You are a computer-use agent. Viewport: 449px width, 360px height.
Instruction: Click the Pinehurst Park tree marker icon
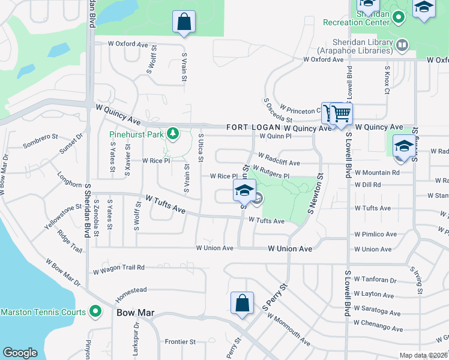(x=173, y=133)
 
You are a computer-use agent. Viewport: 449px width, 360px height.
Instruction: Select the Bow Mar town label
(x=131, y=313)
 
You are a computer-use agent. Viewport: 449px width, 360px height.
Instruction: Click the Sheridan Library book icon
(x=402, y=44)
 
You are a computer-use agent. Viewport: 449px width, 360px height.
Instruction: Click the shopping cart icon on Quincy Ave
(x=340, y=112)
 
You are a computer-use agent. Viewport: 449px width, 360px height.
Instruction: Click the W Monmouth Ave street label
(x=288, y=330)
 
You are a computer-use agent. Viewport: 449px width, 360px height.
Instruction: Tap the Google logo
(x=20, y=353)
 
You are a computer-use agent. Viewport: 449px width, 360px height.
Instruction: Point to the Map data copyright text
(x=423, y=355)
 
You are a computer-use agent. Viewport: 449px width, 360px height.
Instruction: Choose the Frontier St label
(x=181, y=341)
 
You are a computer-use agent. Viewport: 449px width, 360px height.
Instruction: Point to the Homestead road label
(x=131, y=293)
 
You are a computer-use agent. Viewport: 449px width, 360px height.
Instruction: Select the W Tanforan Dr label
(x=375, y=280)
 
